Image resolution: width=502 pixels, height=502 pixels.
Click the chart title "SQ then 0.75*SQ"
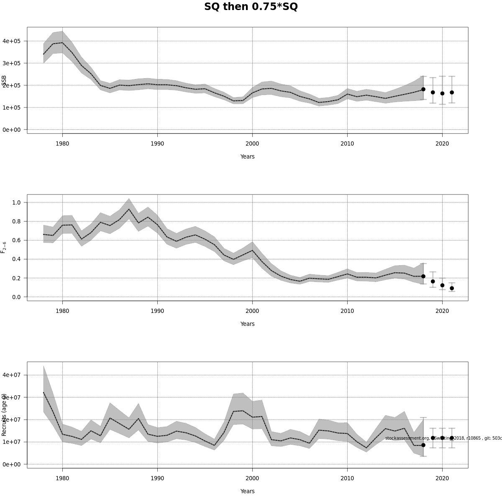click(x=251, y=7)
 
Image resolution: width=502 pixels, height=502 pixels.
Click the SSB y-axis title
click(x=4, y=81)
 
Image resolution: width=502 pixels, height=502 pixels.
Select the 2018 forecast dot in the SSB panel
click(x=423, y=89)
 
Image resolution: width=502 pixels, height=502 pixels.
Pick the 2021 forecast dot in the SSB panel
click(x=452, y=92)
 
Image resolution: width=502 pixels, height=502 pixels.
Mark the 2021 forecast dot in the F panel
click(x=452, y=288)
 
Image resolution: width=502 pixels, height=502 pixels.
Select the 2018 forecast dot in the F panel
click(x=423, y=276)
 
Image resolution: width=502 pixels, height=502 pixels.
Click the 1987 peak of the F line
click(x=129, y=209)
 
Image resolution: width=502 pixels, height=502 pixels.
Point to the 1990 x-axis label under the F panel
click(x=157, y=311)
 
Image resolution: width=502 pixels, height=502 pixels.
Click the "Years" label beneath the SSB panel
click(x=247, y=156)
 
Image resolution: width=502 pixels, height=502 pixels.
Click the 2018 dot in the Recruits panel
click(x=423, y=445)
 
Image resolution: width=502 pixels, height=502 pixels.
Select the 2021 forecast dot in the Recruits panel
click(x=452, y=438)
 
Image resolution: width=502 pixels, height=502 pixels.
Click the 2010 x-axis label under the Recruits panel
click(x=347, y=478)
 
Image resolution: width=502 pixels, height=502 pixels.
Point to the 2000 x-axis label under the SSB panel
click(x=252, y=143)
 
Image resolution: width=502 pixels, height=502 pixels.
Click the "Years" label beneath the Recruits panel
click(x=247, y=491)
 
